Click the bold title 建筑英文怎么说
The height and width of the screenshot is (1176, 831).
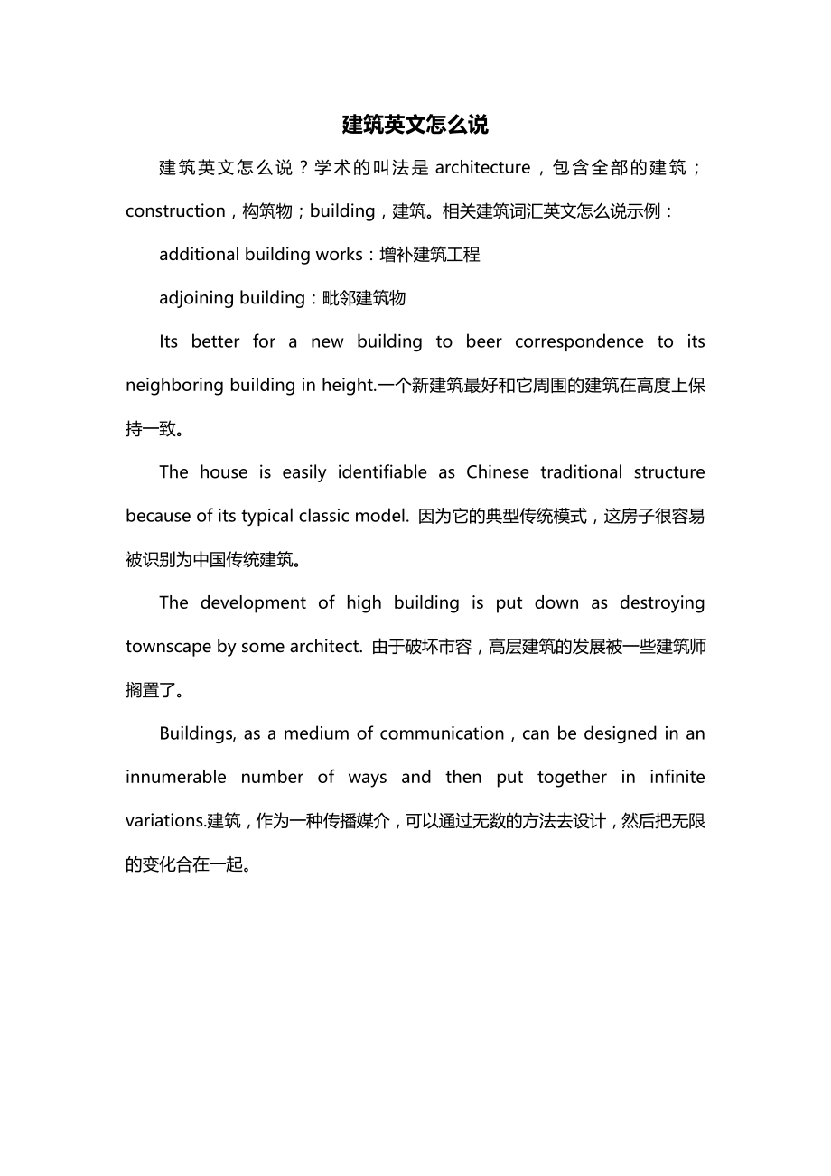click(415, 125)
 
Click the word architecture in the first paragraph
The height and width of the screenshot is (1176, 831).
click(482, 167)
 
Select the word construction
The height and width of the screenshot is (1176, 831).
click(175, 211)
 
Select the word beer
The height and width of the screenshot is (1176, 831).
click(483, 341)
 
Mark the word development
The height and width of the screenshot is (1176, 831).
click(248, 602)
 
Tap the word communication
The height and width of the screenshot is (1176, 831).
click(442, 733)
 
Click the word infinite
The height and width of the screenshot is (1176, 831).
click(677, 777)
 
